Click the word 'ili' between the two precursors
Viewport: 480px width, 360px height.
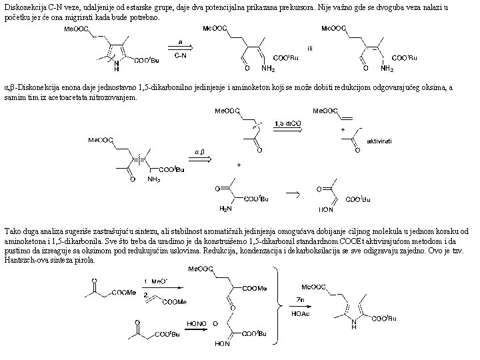pos(309,48)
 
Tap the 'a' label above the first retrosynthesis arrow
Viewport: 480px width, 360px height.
pos(180,41)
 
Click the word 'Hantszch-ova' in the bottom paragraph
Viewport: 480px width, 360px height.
pos(26,260)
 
